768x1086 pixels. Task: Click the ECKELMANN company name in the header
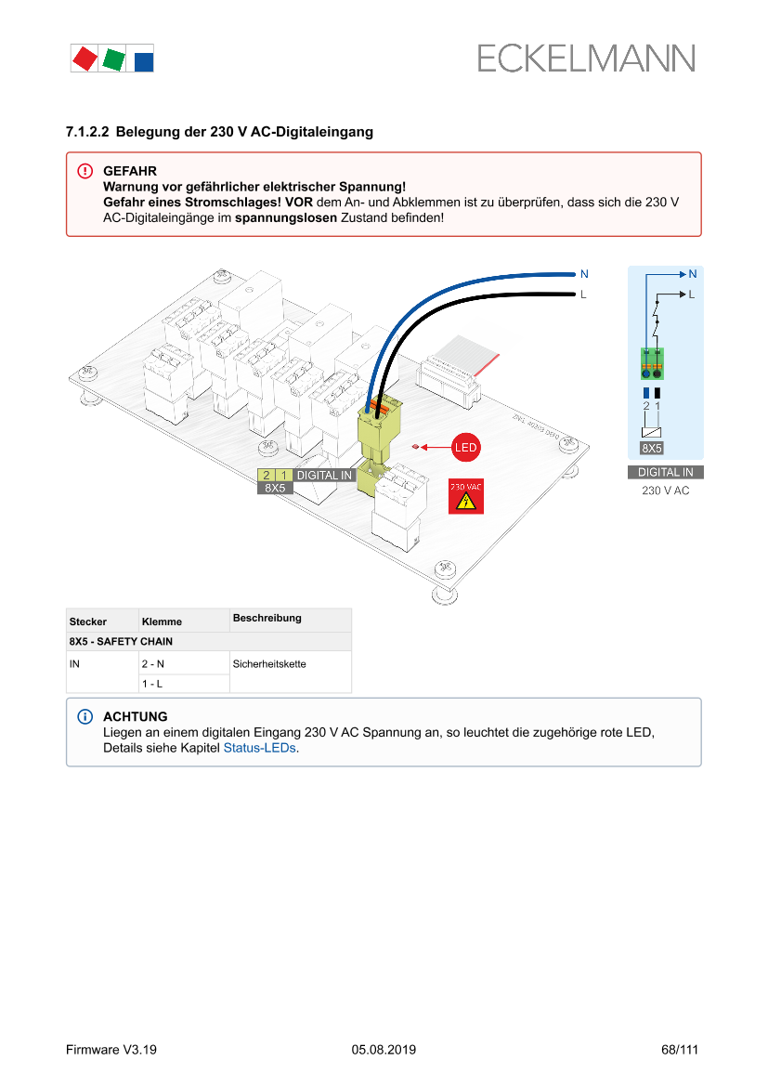tap(586, 59)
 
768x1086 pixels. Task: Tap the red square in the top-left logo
tap(85, 59)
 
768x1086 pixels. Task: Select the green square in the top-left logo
tap(113, 59)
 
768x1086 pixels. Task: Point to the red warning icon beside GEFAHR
tap(85, 171)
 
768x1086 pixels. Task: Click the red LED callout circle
tap(465, 448)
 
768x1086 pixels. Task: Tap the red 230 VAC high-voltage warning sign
tap(465, 498)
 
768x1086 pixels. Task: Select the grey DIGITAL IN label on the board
tap(324, 476)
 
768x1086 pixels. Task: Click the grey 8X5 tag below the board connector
tap(274, 488)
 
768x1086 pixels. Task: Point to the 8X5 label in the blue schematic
tap(652, 448)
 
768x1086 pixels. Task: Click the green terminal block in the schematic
tap(652, 363)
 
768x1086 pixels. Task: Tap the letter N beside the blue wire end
tap(584, 274)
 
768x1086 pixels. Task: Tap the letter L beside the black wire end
tap(583, 294)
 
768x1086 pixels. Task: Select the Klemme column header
tap(162, 622)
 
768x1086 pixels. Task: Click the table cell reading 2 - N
tap(152, 664)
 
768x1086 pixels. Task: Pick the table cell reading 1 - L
tap(151, 684)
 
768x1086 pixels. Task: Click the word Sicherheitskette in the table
tap(269, 664)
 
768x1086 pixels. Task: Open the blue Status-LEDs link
tap(260, 749)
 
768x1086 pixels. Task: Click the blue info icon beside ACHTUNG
tap(85, 717)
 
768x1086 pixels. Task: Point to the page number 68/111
tap(679, 1050)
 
